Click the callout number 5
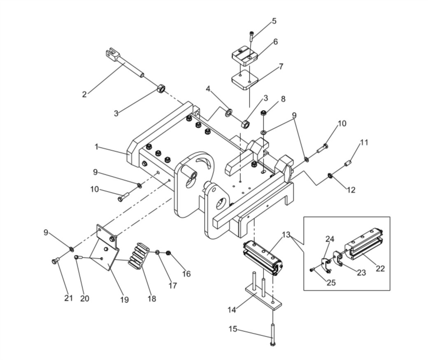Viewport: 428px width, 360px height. (x=274, y=21)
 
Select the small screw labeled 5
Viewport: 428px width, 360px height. (x=251, y=36)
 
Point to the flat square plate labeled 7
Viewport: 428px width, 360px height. (x=245, y=79)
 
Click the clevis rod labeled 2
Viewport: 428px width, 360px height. (x=124, y=63)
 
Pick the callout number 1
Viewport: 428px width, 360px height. (x=96, y=147)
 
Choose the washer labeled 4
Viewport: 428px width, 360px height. (x=228, y=112)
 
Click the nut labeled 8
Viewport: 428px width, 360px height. (x=263, y=112)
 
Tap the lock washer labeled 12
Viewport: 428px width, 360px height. (x=330, y=176)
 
